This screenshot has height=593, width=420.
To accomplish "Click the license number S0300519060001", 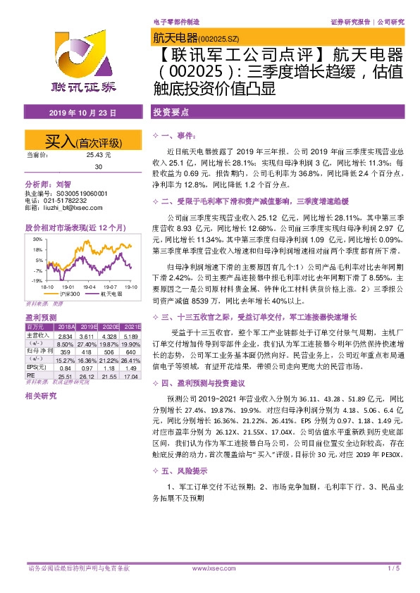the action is [x=76, y=193].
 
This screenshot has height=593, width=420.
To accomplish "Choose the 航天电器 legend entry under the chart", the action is [x=111, y=294].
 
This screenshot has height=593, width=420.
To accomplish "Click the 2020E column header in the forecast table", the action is [x=109, y=327].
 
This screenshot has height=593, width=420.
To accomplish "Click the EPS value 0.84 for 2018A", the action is [x=66, y=367].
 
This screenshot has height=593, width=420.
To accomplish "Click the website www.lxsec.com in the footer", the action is [x=209, y=568].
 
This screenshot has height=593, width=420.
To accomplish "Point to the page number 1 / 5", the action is [x=393, y=568].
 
